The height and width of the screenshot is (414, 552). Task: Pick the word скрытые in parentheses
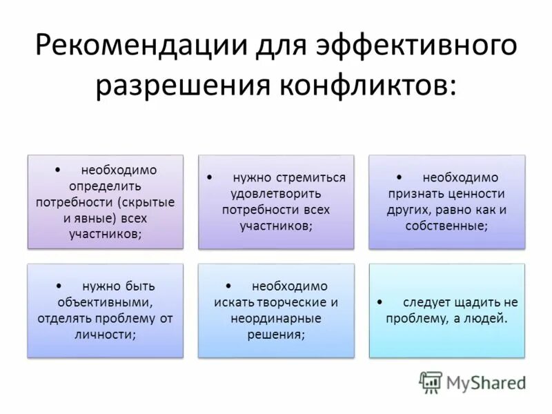[x=146, y=201]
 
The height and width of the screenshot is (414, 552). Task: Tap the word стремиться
[x=312, y=177]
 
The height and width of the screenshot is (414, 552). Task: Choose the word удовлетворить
[x=274, y=193]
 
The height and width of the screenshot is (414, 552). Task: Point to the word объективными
[x=104, y=302]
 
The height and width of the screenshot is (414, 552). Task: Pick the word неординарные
[x=275, y=318]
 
